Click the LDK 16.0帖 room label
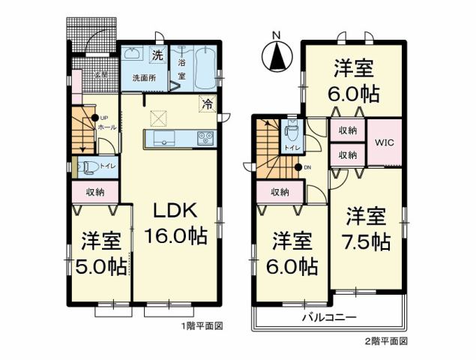click(176, 222)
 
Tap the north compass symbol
click(277, 54)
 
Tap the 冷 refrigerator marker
click(205, 103)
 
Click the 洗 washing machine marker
click(157, 54)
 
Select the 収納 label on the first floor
click(94, 193)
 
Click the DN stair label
click(307, 167)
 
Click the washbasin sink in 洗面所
click(133, 53)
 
